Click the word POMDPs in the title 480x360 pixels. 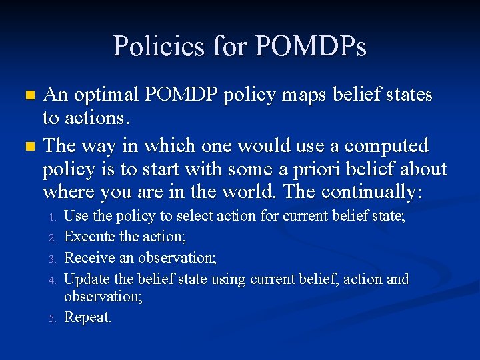tap(311, 47)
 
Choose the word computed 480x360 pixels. tap(389, 146)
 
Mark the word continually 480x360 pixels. tap(371, 193)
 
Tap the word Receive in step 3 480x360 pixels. tap(87, 257)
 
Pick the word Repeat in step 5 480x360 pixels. tap(87, 317)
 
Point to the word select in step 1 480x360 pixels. tap(191, 216)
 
